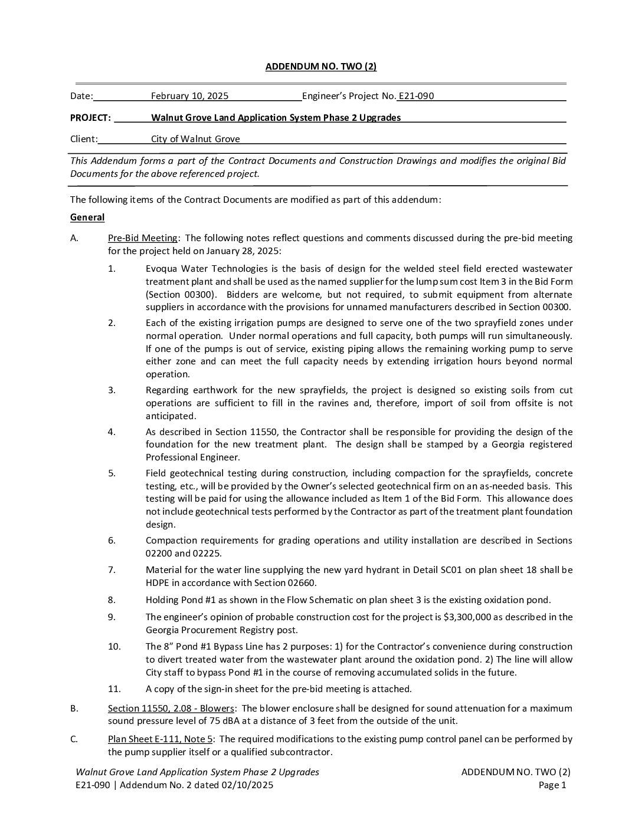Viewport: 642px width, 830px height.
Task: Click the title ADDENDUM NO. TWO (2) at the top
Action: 320,67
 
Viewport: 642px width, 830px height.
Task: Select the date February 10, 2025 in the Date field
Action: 189,96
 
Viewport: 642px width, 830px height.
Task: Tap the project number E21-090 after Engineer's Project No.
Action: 417,96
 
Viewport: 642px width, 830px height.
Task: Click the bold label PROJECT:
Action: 90,118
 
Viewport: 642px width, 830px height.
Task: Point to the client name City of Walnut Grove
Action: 195,139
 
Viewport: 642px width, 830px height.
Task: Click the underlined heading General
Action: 87,218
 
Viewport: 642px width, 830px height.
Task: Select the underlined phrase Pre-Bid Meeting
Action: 143,238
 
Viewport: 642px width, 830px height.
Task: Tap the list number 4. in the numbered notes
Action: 112,432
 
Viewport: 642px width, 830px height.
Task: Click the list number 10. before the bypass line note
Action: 114,647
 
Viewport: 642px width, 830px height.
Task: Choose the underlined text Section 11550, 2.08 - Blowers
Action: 171,709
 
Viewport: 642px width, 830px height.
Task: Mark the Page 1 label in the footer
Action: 552,785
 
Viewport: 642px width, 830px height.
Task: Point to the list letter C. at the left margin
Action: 74,739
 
